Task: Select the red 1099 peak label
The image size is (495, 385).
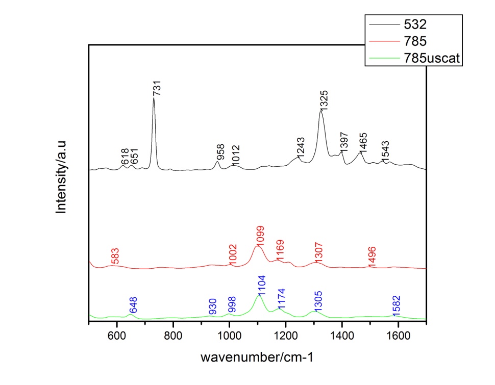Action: tap(260, 236)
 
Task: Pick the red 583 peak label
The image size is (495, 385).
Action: tap(115, 256)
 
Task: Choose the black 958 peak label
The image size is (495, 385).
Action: tap(221, 152)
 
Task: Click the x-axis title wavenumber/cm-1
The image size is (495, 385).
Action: tap(257, 357)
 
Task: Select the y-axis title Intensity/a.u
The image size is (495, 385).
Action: tap(62, 176)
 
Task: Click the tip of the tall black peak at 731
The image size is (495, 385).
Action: tap(154, 98)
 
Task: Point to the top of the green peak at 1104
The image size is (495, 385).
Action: tap(259, 295)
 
